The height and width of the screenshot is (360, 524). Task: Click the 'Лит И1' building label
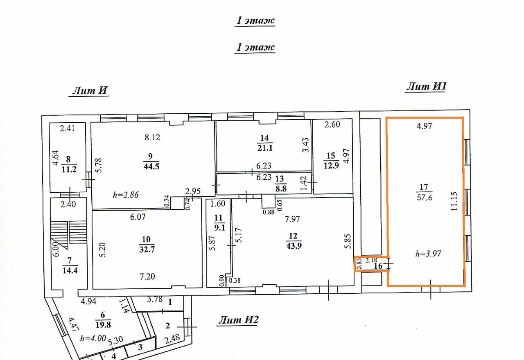pos(426,86)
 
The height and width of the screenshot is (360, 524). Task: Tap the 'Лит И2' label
pos(238,320)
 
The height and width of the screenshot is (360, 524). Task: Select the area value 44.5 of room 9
pos(151,166)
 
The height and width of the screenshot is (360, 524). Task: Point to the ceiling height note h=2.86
pos(126,194)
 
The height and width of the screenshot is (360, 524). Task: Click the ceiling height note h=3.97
pos(428,253)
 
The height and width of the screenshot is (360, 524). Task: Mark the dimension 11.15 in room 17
pos(454,201)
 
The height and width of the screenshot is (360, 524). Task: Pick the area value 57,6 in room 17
pos(425,198)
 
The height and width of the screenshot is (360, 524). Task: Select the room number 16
pos(378,266)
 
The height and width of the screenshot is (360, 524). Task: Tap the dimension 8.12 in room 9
pos(152,137)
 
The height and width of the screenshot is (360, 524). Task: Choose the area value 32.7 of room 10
pos(147,250)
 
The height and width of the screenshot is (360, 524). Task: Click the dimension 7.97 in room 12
pos(292,219)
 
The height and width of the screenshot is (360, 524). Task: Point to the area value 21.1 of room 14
pos(265,148)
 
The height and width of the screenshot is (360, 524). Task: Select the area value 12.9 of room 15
pos(331,165)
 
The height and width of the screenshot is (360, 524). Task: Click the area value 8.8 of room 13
pos(281,189)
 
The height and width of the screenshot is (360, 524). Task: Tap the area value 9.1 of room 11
pos(219,227)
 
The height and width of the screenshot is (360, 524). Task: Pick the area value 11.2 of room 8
pos(69,169)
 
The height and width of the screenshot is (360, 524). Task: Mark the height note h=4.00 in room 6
pos(93,338)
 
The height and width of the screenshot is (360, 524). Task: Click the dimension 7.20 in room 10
pos(147,277)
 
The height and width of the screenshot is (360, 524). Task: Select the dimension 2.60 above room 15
pos(332,124)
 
